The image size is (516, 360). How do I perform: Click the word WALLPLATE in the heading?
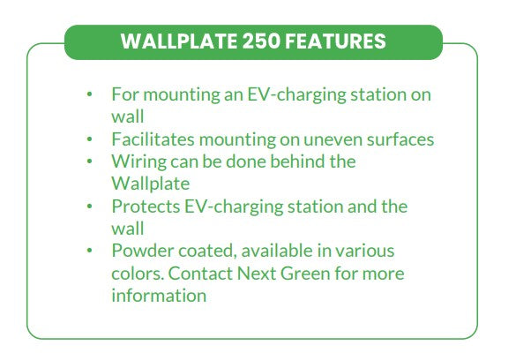click(x=179, y=41)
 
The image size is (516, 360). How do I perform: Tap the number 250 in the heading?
click(x=261, y=41)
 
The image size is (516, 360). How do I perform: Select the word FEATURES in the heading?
click(x=335, y=41)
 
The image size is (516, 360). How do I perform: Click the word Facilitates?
click(x=153, y=139)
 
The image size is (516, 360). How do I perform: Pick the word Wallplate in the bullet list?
click(x=151, y=184)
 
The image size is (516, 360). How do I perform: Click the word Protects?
click(x=146, y=206)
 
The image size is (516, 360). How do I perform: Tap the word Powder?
click(x=143, y=251)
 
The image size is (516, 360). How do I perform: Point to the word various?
click(x=364, y=251)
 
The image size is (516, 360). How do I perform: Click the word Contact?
click(x=200, y=274)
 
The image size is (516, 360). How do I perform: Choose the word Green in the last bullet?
click(x=305, y=274)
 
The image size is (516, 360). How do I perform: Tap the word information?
click(x=159, y=296)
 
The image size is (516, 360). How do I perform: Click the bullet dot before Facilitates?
click(x=89, y=139)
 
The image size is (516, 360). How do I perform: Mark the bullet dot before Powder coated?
click(x=89, y=251)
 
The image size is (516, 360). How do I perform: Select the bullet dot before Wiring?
click(x=89, y=161)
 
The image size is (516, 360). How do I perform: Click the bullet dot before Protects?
click(x=89, y=206)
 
